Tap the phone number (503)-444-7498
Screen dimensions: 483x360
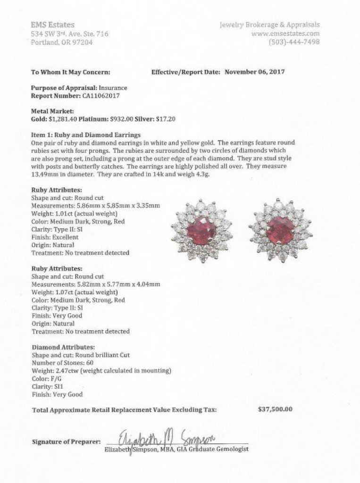coord(294,42)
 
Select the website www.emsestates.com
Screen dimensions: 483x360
coord(285,33)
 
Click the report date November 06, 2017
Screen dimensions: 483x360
coord(254,72)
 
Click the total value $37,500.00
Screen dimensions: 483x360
coord(276,409)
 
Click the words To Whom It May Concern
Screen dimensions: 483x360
coord(70,72)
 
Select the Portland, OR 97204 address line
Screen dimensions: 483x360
coord(61,42)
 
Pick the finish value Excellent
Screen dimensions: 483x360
coord(65,237)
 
